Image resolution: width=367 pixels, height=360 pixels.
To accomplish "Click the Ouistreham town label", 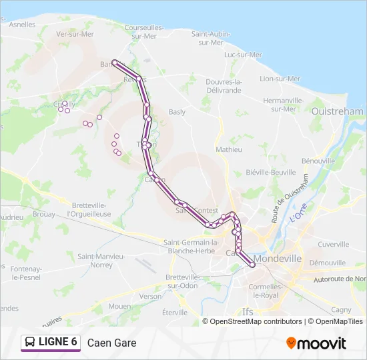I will pos(337,112).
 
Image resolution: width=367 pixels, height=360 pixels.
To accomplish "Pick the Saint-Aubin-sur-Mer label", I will pos(211,37).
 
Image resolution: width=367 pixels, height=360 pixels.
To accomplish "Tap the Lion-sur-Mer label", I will pos(280,79).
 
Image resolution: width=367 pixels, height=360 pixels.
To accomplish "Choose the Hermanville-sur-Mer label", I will pos(284,104).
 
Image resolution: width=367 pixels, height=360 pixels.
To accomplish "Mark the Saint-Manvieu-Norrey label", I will pos(101,260).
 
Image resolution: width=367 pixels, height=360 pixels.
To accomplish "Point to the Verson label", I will pos(150,297).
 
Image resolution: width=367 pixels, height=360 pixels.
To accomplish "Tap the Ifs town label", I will pos(248,311).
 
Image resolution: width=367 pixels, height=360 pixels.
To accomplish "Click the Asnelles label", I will pos(23,25).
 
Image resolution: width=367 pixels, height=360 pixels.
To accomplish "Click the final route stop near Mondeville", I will pos(252,265).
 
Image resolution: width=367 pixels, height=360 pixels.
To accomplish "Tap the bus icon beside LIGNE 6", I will pos(31,343).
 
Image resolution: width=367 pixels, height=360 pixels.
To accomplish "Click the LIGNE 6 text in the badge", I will pos(58,342).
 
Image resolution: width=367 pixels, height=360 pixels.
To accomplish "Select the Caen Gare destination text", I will pos(111,343).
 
